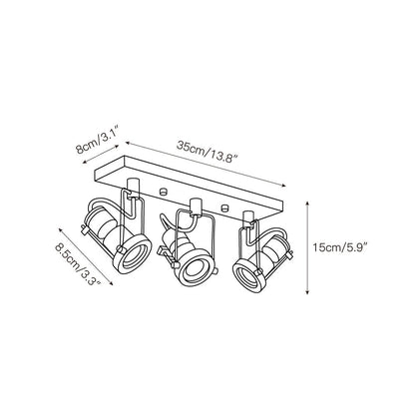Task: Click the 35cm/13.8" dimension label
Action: coord(207,152)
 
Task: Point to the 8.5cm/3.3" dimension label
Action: coord(78,264)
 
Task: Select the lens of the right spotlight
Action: coord(248,272)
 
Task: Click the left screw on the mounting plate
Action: coord(163,192)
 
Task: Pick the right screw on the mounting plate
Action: coord(225,207)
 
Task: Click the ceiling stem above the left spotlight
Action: coord(133,185)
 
